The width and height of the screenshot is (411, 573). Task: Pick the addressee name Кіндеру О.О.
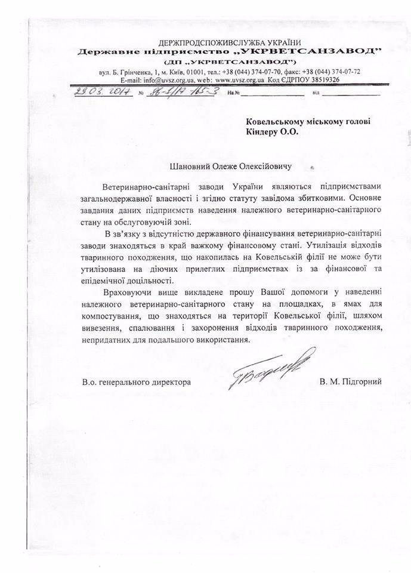273,133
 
